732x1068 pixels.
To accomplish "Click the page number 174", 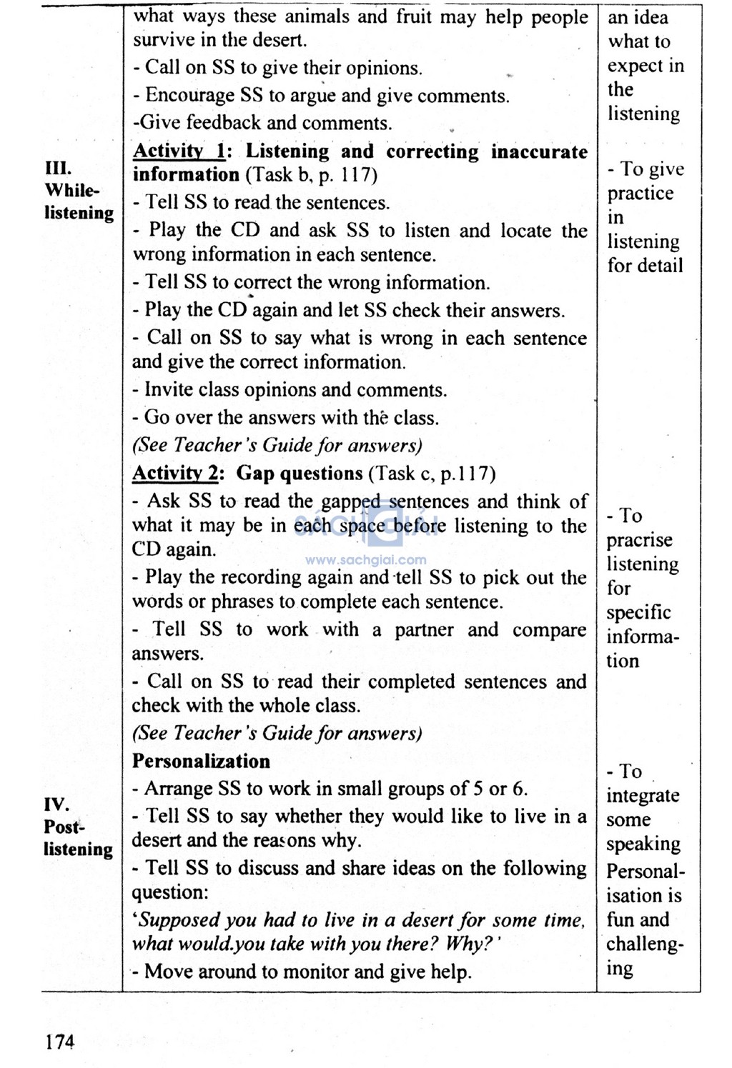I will [x=59, y=1042].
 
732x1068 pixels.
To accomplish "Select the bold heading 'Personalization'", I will [x=201, y=761].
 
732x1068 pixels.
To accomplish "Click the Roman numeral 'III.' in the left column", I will [x=58, y=169].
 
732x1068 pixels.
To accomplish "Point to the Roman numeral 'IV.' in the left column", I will [x=56, y=804].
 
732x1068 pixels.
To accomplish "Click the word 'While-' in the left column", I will [x=71, y=191].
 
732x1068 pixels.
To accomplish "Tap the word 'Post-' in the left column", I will [x=64, y=827].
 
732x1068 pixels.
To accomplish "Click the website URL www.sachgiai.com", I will [x=365, y=560].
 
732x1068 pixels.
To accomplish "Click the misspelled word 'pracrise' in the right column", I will [x=639, y=540].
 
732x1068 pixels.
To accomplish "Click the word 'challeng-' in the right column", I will [x=645, y=944].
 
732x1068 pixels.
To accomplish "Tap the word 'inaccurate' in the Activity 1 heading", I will [x=539, y=151].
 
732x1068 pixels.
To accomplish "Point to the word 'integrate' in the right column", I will [x=643, y=795].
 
